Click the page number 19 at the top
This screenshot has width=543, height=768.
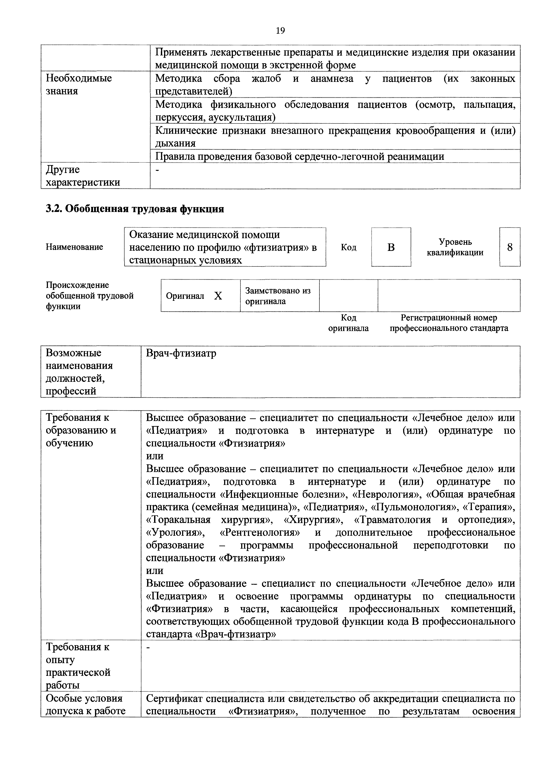280,31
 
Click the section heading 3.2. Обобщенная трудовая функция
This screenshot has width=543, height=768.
135,209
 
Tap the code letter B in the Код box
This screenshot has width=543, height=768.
391,247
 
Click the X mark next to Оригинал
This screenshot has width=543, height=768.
218,296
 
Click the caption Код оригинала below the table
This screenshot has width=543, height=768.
348,323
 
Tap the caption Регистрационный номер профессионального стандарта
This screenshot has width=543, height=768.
449,323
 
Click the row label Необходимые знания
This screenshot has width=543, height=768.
79,85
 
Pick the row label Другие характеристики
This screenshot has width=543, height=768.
83,176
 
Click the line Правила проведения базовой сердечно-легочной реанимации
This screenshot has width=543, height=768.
300,157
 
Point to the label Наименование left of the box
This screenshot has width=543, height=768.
74,247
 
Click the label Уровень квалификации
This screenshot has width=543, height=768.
455,247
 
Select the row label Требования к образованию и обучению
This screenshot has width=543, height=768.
81,430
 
